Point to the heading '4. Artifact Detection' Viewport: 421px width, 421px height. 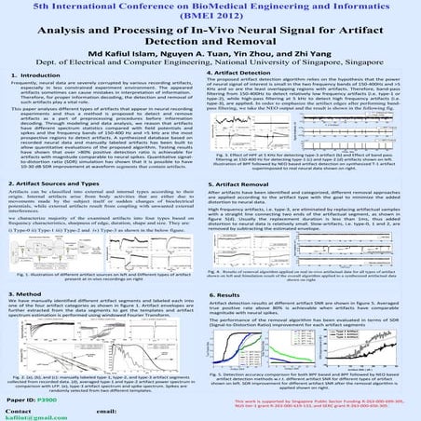point(246,70)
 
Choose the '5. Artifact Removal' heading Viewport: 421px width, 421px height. point(243,184)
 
